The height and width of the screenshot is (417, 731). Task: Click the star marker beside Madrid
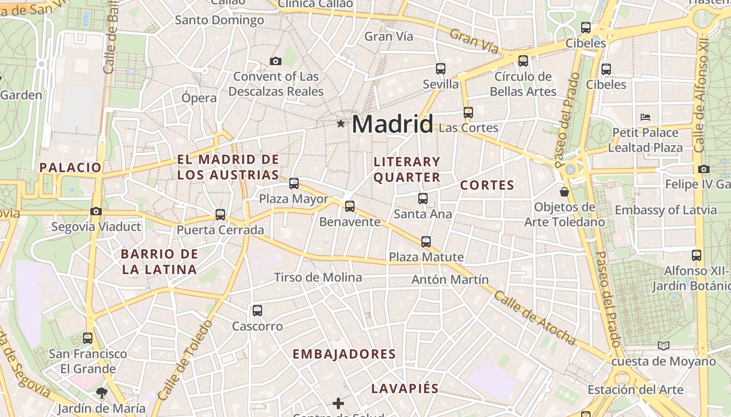pos(341,124)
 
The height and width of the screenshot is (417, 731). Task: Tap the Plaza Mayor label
pos(294,199)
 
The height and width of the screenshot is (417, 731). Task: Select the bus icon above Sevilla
pos(441,68)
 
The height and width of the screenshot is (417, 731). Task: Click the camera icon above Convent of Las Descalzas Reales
pos(276,61)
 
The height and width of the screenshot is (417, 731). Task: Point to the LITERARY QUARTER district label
pos(407,169)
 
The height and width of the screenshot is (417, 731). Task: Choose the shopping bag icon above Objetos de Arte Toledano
pos(564,192)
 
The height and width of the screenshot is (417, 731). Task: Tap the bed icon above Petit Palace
pos(645,117)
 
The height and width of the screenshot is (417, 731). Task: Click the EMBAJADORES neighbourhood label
pos(344,354)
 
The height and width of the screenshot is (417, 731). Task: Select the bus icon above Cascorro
pos(257,311)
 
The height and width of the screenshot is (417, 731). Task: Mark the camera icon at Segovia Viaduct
pos(96,211)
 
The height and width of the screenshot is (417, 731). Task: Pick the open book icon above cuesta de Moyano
pos(664,346)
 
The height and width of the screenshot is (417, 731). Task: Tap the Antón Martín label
pos(450,279)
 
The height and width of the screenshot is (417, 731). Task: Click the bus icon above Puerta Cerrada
pos(220,214)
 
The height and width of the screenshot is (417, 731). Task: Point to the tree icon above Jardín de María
pos(101,393)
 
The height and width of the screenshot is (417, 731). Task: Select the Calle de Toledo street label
pos(185,360)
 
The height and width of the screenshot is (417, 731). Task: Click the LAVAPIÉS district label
pos(405,389)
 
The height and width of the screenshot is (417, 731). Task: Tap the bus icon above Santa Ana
pos(423,199)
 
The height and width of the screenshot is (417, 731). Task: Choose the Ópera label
pos(199,98)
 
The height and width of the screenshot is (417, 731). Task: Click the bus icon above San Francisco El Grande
pos(88,338)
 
